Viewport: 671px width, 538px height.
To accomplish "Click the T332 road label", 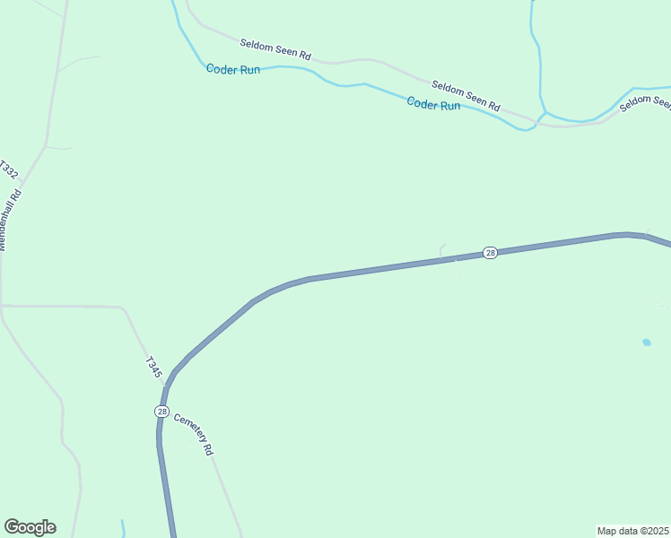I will [x=8, y=169].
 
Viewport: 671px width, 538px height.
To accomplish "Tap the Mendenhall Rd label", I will [x=9, y=217].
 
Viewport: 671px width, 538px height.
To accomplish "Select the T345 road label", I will [x=153, y=368].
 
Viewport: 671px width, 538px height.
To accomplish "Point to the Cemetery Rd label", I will [x=194, y=434].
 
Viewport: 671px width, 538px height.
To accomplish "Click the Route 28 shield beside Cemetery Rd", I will [x=161, y=411].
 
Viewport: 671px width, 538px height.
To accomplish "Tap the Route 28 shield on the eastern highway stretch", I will [x=489, y=253].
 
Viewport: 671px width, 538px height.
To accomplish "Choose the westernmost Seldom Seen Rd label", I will [x=274, y=49].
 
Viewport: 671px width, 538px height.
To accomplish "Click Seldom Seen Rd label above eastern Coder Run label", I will [x=465, y=93].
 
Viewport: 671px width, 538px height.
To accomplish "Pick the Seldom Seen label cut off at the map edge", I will [x=646, y=102].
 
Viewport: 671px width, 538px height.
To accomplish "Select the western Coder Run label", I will [x=232, y=69].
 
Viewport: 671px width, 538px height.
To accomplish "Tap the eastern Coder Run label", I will [x=433, y=104].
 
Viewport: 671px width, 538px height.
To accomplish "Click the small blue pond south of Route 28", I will [x=646, y=342].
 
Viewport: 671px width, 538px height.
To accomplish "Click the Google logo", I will [x=30, y=527].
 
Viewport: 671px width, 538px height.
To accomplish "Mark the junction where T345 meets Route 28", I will [x=166, y=386].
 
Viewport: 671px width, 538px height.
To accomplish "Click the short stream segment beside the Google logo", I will [x=123, y=526].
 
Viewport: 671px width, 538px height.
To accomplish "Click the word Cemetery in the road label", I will [x=187, y=427].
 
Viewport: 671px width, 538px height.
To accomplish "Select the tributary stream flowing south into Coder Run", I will [x=539, y=63].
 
